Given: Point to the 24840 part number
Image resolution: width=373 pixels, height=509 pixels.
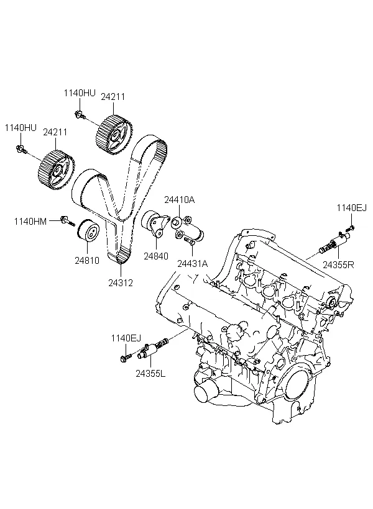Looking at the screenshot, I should point(156,254).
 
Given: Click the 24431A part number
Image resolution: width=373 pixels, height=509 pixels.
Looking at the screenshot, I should point(193,263).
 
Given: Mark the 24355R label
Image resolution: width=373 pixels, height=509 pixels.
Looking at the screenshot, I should point(338,264).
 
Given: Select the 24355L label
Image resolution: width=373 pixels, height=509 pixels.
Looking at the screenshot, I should point(151,374).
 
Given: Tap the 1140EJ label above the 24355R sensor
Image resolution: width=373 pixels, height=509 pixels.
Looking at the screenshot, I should point(351,208).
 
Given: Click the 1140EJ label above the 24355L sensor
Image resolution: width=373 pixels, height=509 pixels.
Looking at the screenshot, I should point(126,338).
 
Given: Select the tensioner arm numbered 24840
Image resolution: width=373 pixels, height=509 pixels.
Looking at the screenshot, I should point(155,224).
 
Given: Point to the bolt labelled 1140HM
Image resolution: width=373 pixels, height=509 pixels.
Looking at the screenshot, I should point(66,220).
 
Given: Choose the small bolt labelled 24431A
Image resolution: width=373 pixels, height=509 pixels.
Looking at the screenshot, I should point(191,243).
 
